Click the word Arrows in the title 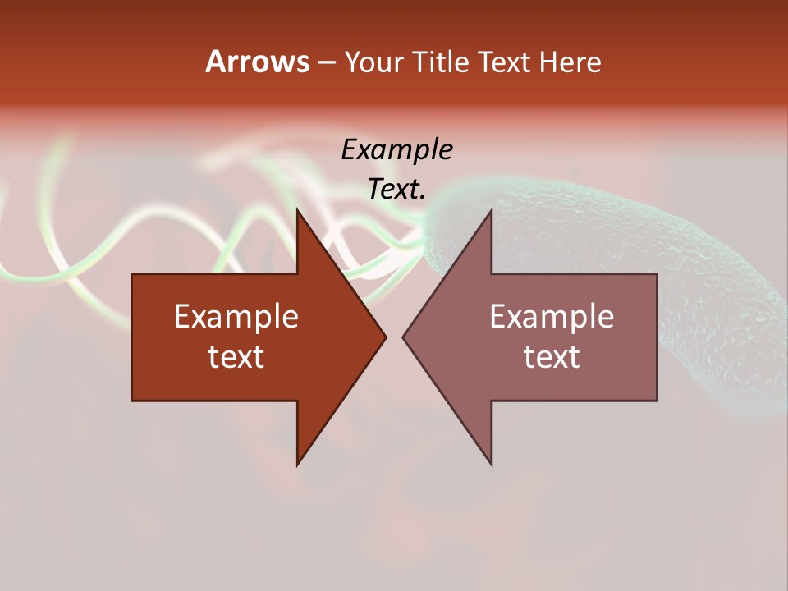point(256,62)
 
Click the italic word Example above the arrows point(396,149)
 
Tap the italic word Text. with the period point(396,190)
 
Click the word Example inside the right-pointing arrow point(236,317)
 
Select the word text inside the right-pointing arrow point(236,357)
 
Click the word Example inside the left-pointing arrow point(552,317)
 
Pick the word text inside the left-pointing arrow point(552,357)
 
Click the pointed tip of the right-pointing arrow point(385,337)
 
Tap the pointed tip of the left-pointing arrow point(404,337)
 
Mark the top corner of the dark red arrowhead point(297,211)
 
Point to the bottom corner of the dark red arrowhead point(297,464)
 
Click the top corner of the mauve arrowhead point(491,211)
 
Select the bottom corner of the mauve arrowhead point(491,464)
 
